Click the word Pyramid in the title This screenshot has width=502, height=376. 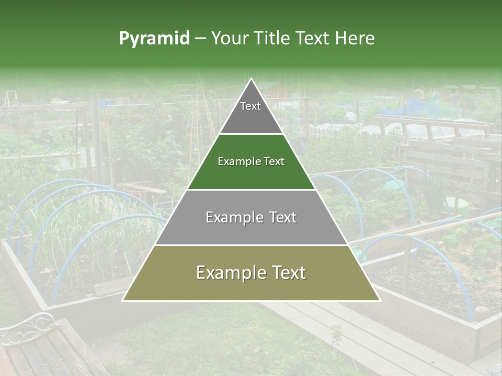[x=154, y=39]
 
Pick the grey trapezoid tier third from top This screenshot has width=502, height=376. [x=251, y=230]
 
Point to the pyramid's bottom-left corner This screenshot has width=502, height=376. [x=123, y=300]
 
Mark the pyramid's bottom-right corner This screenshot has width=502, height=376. [x=380, y=300]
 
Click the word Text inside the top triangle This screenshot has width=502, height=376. [x=250, y=106]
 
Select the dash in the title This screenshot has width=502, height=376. [x=200, y=39]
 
